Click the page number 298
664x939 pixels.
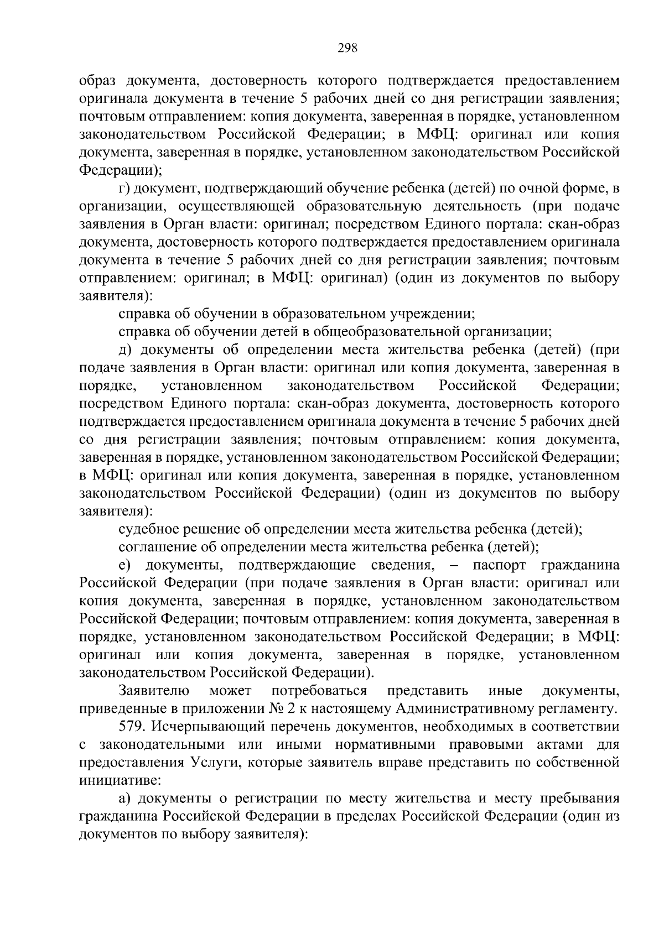348,48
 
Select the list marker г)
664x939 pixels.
124,189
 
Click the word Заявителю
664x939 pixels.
154,690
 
